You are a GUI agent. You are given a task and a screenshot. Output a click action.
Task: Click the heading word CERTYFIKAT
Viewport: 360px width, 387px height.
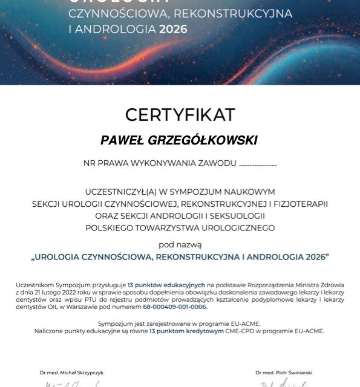click(180, 114)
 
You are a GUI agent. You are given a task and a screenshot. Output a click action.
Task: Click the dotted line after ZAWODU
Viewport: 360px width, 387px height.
click(258, 164)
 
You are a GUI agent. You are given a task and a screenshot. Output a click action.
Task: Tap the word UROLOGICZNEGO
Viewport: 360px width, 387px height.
click(238, 228)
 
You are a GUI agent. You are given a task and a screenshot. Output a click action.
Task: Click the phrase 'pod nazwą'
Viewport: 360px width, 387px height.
click(180, 245)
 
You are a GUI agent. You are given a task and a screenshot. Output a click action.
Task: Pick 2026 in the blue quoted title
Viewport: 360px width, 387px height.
click(312, 257)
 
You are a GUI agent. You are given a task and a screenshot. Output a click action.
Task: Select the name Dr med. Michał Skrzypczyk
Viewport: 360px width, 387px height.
click(71, 372)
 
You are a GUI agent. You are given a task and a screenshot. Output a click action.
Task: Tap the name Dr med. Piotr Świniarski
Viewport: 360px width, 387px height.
click(284, 372)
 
